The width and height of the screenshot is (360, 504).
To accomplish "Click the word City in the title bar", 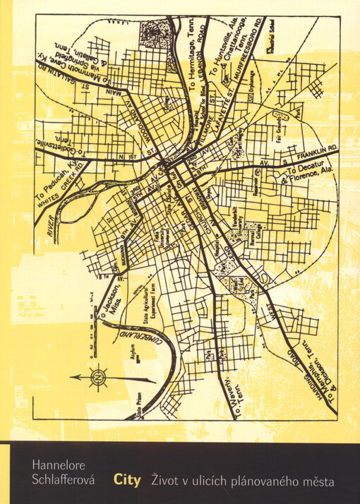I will [x=127, y=481].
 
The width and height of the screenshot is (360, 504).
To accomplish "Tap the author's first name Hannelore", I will [x=56, y=464].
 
